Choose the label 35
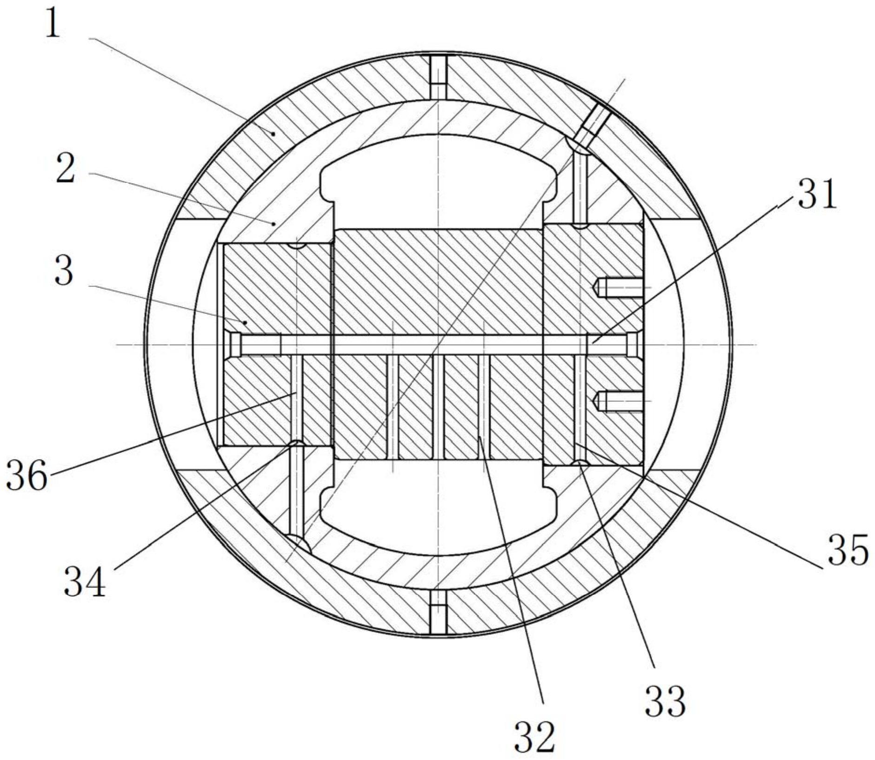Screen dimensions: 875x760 (848, 550)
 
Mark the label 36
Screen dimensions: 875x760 (27, 475)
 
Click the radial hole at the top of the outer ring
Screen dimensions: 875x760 (438, 77)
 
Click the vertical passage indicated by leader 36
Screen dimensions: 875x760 (297, 398)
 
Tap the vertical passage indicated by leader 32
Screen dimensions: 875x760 (484, 407)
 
